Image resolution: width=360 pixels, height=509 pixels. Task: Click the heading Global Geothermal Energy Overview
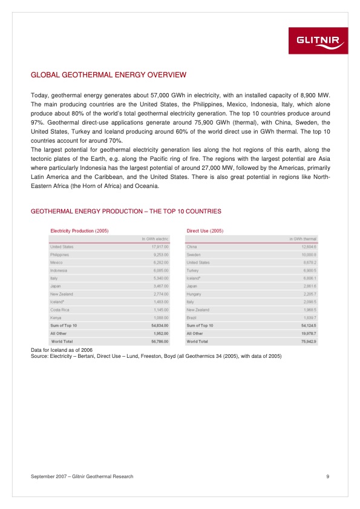point(108,76)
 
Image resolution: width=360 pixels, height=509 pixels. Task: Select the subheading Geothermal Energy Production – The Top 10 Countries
point(125,212)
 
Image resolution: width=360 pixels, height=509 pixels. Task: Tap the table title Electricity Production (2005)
point(79,231)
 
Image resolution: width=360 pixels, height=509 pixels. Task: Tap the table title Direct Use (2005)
point(205,231)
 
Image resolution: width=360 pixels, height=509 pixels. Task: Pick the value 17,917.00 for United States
point(156,247)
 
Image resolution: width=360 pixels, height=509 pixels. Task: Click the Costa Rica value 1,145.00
point(157,310)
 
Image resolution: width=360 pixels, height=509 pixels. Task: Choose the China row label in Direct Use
point(192,247)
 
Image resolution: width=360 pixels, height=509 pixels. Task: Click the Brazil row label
point(192,317)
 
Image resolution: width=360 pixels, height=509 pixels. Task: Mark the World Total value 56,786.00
point(156,341)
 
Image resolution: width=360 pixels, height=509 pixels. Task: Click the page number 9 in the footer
point(327,477)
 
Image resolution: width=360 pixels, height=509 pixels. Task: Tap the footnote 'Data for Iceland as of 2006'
point(61,350)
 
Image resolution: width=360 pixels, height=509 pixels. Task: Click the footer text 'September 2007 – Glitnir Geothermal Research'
point(82,477)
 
